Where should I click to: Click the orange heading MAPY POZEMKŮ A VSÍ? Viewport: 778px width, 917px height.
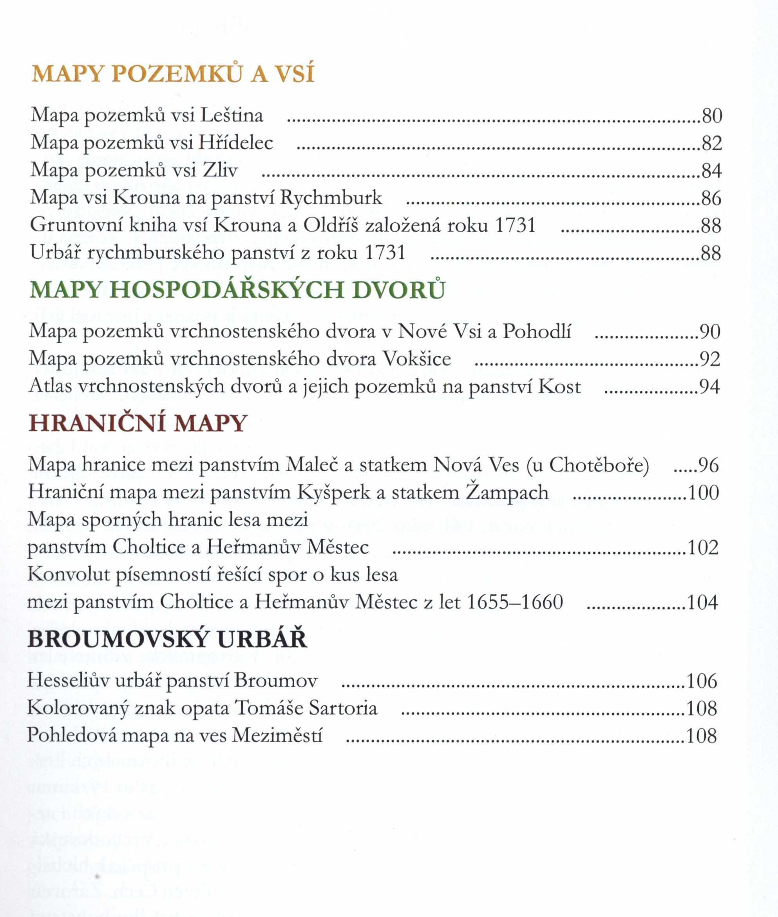pos(172,74)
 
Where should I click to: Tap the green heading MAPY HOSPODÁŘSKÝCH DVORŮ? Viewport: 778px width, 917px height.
pos(237,290)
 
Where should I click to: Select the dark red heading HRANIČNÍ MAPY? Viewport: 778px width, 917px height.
pos(137,423)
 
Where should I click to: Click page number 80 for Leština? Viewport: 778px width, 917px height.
pos(711,116)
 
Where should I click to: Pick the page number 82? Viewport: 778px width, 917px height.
pos(711,144)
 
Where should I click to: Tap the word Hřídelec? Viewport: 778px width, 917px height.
pos(235,143)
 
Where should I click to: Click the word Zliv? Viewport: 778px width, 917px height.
pos(221,171)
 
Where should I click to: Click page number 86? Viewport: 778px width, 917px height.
pos(711,199)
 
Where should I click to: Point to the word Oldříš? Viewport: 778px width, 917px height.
pos(330,225)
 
